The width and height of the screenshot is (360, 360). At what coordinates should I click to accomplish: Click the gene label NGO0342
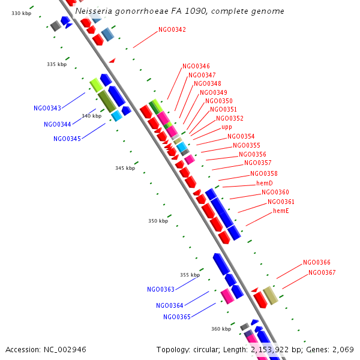(x=172, y=29)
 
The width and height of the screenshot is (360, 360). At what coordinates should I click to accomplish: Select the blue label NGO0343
(x=47, y=108)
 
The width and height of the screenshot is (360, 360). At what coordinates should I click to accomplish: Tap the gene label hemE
(x=281, y=211)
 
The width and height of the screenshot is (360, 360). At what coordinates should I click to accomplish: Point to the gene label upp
(x=227, y=127)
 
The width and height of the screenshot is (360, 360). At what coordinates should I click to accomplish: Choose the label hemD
(x=265, y=183)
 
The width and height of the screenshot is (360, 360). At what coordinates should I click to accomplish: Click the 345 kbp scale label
(x=125, y=168)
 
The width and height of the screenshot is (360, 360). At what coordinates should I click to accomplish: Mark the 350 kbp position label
(x=158, y=221)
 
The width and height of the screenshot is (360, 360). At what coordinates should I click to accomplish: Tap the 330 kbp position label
(x=21, y=13)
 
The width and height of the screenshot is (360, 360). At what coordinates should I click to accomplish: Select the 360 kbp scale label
(x=221, y=329)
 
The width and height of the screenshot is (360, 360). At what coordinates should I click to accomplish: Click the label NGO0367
(x=322, y=272)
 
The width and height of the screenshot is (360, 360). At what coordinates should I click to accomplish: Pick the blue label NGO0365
(x=177, y=317)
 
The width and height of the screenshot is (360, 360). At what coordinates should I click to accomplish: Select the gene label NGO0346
(x=196, y=66)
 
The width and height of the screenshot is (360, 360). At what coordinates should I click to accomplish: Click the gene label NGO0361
(x=281, y=202)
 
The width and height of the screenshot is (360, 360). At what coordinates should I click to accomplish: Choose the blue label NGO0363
(x=161, y=289)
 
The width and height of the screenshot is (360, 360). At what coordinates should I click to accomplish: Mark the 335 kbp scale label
(x=57, y=64)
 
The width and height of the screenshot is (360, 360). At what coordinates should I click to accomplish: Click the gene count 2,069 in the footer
(x=343, y=349)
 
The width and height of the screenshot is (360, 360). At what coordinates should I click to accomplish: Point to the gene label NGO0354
(x=241, y=136)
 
